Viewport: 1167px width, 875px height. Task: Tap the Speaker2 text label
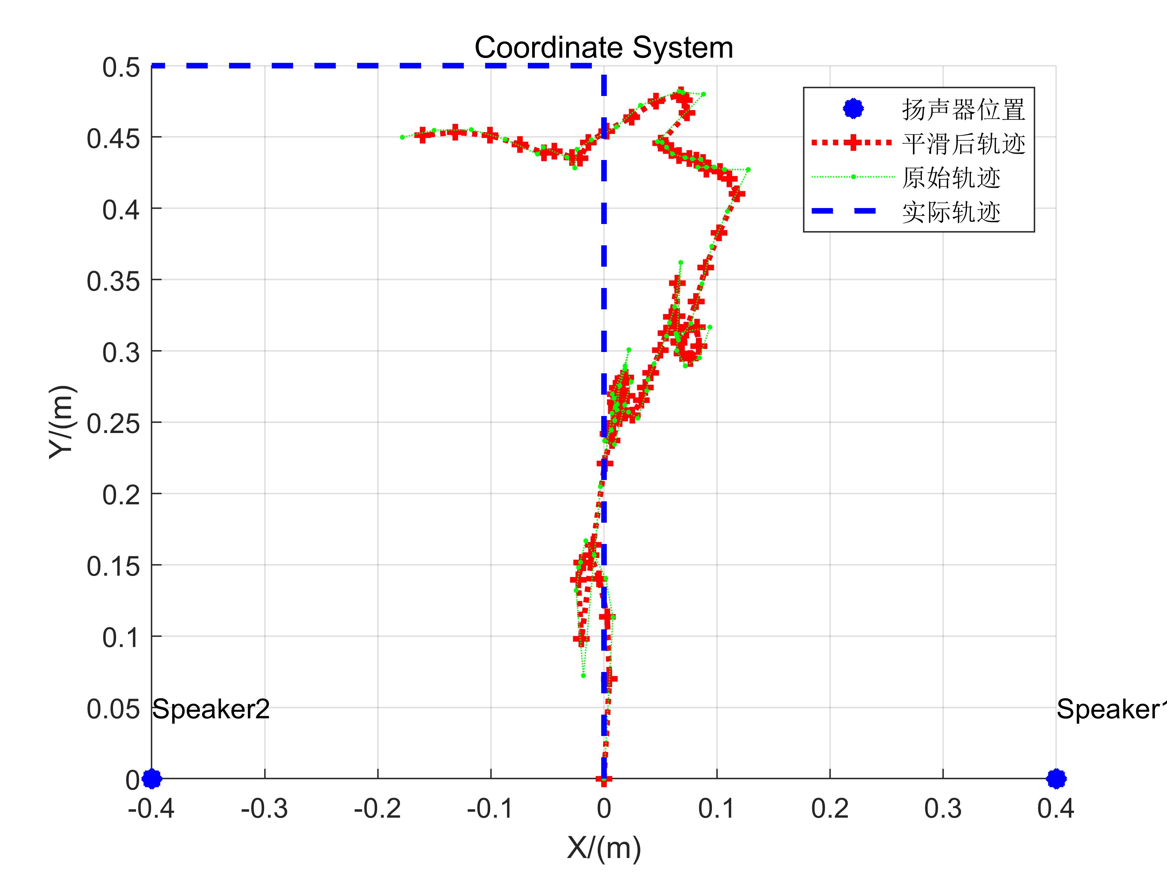(x=211, y=709)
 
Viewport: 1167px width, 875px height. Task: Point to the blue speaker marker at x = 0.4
(x=1056, y=778)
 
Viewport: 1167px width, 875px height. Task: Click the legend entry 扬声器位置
(x=963, y=110)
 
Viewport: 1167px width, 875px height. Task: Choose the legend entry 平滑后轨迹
(x=963, y=143)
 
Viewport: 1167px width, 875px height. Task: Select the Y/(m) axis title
(x=62, y=422)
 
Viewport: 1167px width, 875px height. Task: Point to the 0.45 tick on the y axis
(x=113, y=139)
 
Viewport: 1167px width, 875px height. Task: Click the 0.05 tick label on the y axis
(x=113, y=709)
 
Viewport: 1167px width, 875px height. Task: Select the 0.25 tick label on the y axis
(x=113, y=424)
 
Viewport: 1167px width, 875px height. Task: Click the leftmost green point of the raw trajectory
(x=402, y=137)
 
